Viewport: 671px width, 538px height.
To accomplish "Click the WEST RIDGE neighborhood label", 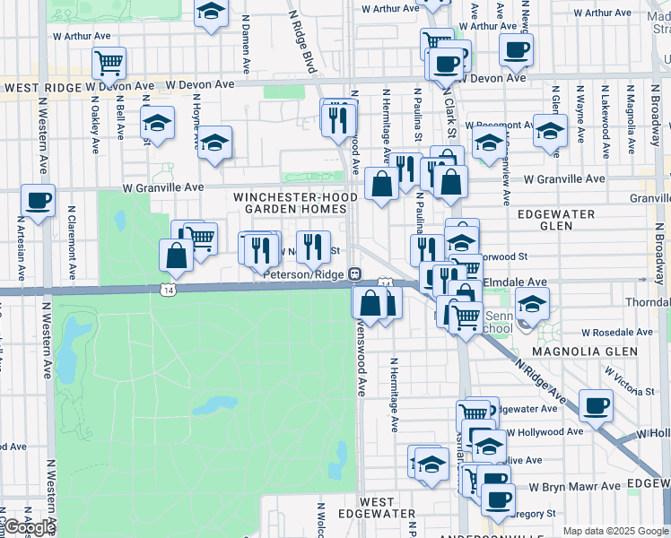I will [40, 86].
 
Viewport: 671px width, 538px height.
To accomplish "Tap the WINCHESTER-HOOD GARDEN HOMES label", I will [289, 203].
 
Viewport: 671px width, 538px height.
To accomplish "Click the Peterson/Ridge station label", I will [305, 274].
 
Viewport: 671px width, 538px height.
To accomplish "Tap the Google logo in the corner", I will [29, 527].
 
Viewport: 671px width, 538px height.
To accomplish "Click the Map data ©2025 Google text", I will [615, 531].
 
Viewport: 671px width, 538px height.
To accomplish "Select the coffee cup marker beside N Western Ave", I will [38, 201].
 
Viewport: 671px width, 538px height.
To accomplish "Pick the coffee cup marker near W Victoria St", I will [596, 406].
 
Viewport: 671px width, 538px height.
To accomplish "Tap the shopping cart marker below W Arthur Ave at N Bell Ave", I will [109, 63].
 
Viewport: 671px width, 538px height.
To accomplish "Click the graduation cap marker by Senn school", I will [532, 304].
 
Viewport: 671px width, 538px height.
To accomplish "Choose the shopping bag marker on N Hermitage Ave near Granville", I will [381, 186].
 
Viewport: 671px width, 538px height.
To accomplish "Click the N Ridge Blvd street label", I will [302, 40].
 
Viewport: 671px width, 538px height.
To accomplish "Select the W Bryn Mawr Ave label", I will [574, 486].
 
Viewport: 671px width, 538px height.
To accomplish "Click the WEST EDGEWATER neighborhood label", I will [377, 508].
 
